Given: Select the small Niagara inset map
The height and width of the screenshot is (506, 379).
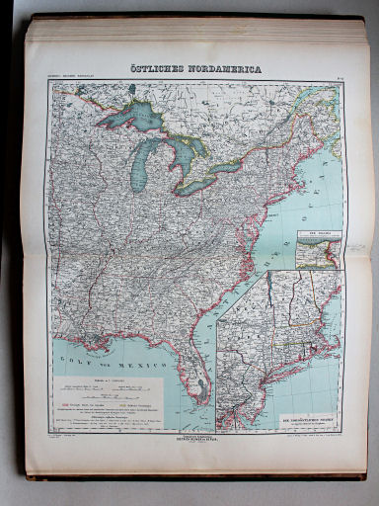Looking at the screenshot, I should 317,249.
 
